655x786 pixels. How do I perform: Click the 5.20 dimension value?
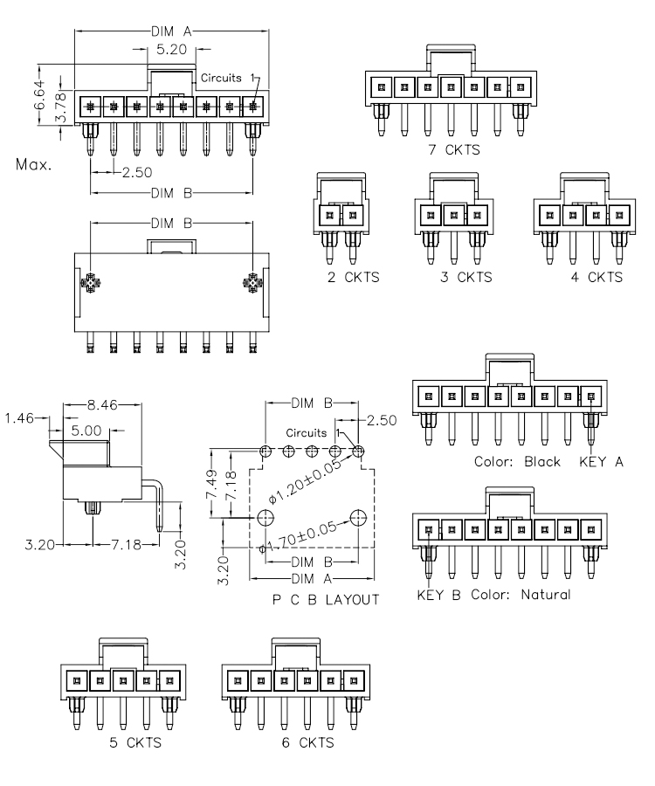pos(170,51)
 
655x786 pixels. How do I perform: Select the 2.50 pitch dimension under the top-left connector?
pos(137,172)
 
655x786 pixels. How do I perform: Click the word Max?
pos(33,163)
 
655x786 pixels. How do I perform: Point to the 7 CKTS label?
pos(452,149)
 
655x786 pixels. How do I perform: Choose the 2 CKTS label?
pos(341,277)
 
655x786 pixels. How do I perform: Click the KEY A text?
pos(602,462)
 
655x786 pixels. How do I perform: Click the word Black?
pos(542,462)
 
